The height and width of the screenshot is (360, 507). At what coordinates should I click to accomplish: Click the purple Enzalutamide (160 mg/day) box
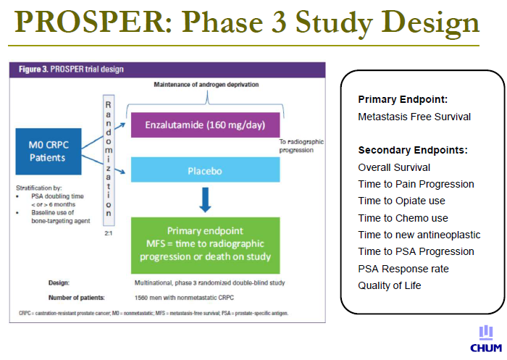(205, 125)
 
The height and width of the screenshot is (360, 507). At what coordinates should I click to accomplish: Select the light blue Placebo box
(205, 169)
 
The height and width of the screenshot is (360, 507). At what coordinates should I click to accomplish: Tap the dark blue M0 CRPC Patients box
(49, 151)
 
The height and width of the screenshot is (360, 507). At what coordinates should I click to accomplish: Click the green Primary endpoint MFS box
(205, 246)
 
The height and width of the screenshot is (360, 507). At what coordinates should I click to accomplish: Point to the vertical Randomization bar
(109, 160)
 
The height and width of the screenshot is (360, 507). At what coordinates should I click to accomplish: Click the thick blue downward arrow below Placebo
(205, 200)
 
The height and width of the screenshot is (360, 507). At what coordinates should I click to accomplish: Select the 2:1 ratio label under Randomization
(109, 233)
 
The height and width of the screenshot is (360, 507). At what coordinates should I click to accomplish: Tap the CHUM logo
(486, 339)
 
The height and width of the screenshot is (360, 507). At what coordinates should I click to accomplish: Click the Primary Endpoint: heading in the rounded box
(403, 99)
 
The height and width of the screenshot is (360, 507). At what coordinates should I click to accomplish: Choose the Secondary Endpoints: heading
(413, 150)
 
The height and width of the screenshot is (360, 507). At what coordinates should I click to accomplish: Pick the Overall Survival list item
(394, 167)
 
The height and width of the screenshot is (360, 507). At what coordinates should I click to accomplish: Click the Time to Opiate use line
(401, 201)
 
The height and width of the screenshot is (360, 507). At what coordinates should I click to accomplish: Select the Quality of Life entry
(390, 285)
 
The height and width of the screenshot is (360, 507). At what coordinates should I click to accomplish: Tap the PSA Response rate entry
(403, 269)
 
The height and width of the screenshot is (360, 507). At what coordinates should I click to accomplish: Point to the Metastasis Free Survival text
(414, 117)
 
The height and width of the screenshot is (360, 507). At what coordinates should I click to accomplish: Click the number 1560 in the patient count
(141, 298)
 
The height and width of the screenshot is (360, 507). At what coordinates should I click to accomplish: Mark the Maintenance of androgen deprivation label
(206, 85)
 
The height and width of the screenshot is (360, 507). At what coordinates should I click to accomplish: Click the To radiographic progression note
(301, 146)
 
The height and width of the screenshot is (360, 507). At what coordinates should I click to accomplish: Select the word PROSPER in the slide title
(90, 21)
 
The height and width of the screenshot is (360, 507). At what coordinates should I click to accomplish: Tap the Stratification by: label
(39, 188)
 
